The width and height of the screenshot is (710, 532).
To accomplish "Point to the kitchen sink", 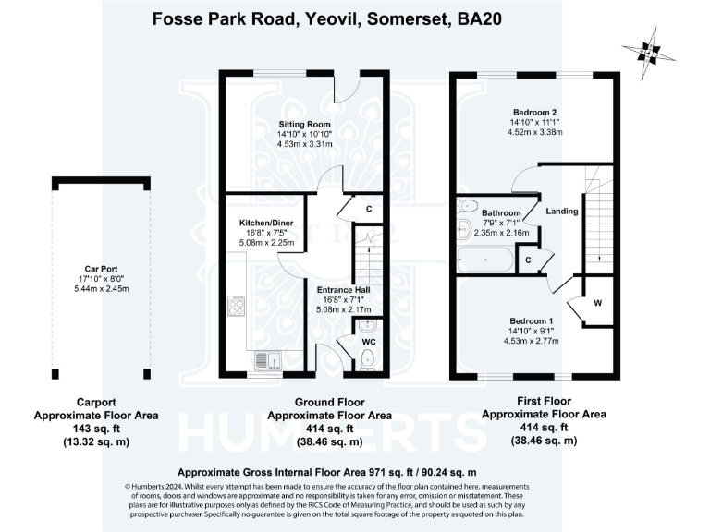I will click(261, 359).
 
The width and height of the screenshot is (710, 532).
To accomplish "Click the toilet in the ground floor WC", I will click(367, 357).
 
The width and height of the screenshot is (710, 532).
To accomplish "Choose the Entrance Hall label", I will click(344, 289).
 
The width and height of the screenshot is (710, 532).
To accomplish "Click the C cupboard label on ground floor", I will click(368, 210).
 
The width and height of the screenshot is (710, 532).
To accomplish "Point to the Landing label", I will click(561, 212).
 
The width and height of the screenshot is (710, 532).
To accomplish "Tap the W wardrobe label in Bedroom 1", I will click(597, 303).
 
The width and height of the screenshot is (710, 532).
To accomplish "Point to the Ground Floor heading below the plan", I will click(330, 403).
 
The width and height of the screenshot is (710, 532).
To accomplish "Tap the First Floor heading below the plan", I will click(544, 403).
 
